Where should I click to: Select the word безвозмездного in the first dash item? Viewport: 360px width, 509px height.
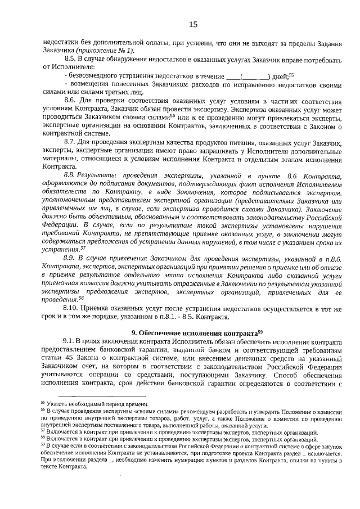[93, 75]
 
